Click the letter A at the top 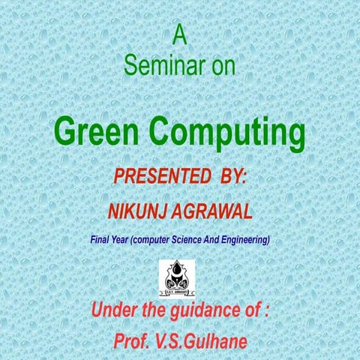(x=179, y=34)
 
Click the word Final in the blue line (x=101, y=241)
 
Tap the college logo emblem (x=179, y=278)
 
